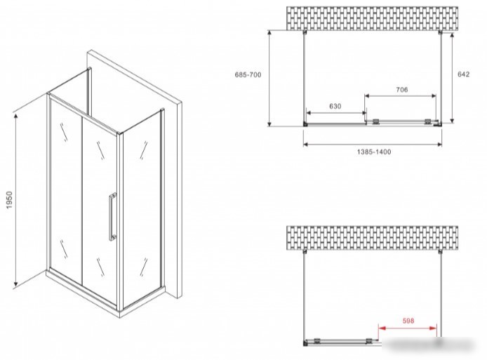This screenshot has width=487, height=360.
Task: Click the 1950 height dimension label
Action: coord(9,200)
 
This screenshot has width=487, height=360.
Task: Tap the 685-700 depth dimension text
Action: coord(248,75)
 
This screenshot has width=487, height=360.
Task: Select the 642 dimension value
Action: coord(463,74)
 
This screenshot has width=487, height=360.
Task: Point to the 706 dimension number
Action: coord(401,90)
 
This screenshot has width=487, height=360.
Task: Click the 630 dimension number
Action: coord(335,106)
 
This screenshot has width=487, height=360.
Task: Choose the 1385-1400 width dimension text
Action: coord(374,152)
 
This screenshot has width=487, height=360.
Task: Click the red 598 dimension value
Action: coord(408,320)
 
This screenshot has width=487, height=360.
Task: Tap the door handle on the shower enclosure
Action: coord(112,217)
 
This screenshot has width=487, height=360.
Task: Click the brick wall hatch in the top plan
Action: coord(372,18)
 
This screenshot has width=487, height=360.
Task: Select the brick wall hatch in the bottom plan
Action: coord(372,238)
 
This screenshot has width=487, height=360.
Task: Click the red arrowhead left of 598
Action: coord(382,328)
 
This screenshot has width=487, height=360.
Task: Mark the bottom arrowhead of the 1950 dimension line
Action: coord(15,284)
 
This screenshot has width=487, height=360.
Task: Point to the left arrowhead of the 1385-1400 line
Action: coord(306,144)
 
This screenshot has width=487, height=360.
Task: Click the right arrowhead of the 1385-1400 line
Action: coord(439,144)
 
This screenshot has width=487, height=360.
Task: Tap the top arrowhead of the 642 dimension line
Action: coord(452,35)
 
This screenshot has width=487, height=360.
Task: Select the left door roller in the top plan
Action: coord(375,121)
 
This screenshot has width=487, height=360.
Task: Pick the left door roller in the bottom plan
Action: coord(317,340)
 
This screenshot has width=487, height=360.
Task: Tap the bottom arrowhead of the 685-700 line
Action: coord(269,124)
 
